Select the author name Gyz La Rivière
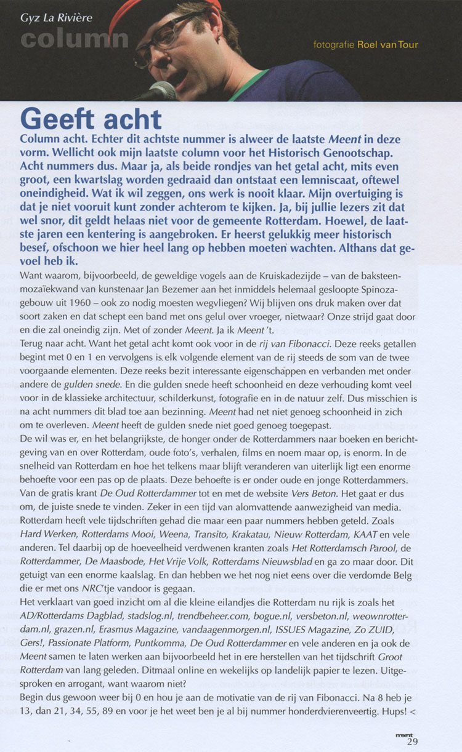coord(57,17)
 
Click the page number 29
coord(412,741)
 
